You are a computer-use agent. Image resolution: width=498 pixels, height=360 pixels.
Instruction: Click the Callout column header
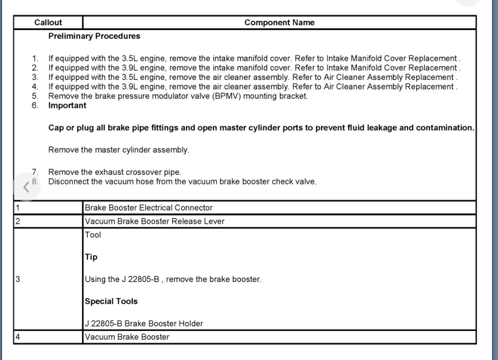point(48,23)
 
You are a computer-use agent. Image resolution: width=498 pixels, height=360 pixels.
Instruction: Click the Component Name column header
point(279,23)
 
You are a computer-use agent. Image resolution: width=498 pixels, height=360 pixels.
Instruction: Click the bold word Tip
point(91,257)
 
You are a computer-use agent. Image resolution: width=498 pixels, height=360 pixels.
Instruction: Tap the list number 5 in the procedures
point(34,96)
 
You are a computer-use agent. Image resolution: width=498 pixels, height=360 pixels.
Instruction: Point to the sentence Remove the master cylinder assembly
point(118,150)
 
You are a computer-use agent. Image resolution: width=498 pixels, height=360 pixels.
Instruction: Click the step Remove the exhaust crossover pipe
point(113,172)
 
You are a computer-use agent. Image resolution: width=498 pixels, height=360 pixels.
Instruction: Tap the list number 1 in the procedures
point(34,59)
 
